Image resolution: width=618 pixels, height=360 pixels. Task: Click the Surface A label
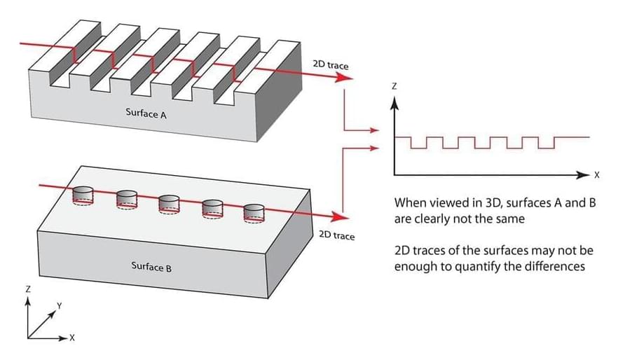(x=146, y=112)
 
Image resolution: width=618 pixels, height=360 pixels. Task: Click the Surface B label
(x=151, y=266)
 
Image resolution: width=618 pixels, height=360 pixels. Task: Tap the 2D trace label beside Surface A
(x=330, y=65)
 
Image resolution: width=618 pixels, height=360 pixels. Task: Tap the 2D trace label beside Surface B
(x=336, y=235)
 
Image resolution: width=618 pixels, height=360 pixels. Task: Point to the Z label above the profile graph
(x=394, y=86)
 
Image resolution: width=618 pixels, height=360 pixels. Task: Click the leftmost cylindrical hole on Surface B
(x=83, y=194)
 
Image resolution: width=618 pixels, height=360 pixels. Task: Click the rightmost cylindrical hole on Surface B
(x=254, y=212)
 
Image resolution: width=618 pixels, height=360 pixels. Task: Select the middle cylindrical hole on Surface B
(x=170, y=203)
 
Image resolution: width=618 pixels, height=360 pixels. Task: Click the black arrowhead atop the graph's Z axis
(x=394, y=103)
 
